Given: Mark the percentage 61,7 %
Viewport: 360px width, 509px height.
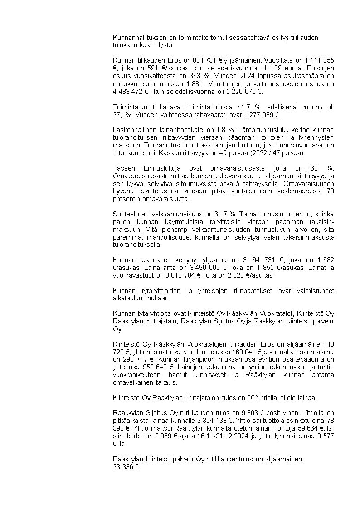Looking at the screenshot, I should click(x=222, y=214).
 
